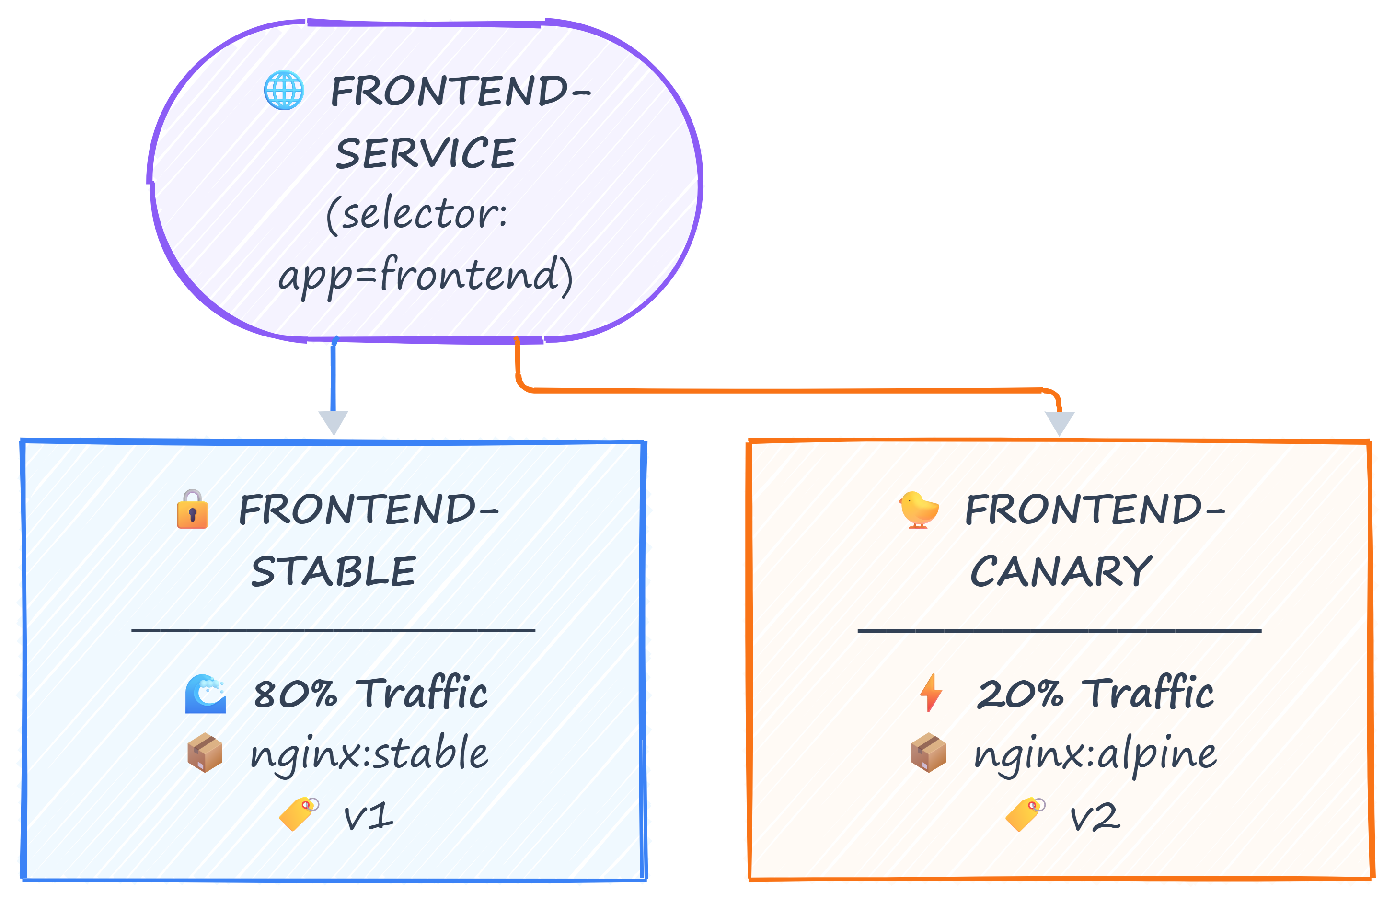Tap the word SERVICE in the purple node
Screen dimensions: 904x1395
click(426, 153)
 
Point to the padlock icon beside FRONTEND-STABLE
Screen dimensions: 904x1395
click(192, 510)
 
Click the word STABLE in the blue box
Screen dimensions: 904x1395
click(334, 572)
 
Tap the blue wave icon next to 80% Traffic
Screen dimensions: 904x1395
click(205, 694)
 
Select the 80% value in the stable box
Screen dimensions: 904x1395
click(296, 694)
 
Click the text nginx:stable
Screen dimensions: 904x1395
click(369, 754)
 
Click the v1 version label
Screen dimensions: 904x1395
click(368, 816)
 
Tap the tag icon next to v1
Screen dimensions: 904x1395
click(299, 813)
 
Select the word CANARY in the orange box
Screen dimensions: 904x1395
click(1061, 572)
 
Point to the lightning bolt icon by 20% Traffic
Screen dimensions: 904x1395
click(931, 693)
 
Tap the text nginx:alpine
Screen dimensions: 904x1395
click(1095, 754)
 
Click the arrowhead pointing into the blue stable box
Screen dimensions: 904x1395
click(334, 422)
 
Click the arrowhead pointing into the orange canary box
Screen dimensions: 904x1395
click(1060, 423)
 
